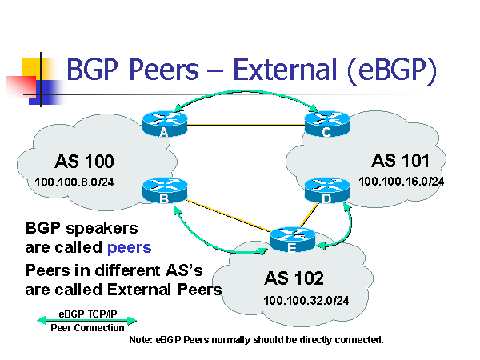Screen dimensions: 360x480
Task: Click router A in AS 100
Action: pyautogui.click(x=163, y=122)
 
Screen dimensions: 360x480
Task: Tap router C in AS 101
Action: pyautogui.click(x=326, y=122)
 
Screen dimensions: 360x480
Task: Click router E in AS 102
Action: pyautogui.click(x=289, y=237)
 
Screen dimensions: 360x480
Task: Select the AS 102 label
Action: pyautogui.click(x=294, y=278)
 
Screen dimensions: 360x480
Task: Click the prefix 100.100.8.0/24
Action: pyautogui.click(x=74, y=182)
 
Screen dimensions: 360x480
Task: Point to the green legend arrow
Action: pyautogui.click(x=86, y=320)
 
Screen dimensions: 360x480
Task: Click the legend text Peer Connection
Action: pyautogui.click(x=87, y=328)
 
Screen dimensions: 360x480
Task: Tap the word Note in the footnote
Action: pyautogui.click(x=141, y=340)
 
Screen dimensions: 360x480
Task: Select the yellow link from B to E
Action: pyautogui.click(x=224, y=214)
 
